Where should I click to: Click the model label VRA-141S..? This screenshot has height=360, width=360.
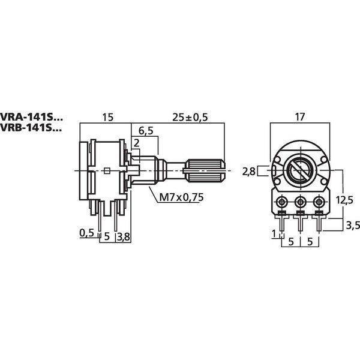[31, 117]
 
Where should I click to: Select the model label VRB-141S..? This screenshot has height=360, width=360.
[31, 128]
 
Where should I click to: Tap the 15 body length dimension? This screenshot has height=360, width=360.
[107, 118]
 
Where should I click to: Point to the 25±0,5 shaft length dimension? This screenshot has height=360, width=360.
[190, 118]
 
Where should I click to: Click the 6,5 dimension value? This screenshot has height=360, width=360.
[146, 131]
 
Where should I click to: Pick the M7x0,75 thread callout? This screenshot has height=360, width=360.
[181, 197]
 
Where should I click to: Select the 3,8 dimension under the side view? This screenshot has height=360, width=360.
[124, 237]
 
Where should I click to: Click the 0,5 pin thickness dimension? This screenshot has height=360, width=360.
[87, 233]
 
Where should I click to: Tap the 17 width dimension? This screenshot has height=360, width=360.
[300, 117]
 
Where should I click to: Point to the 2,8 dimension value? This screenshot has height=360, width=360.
[249, 171]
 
